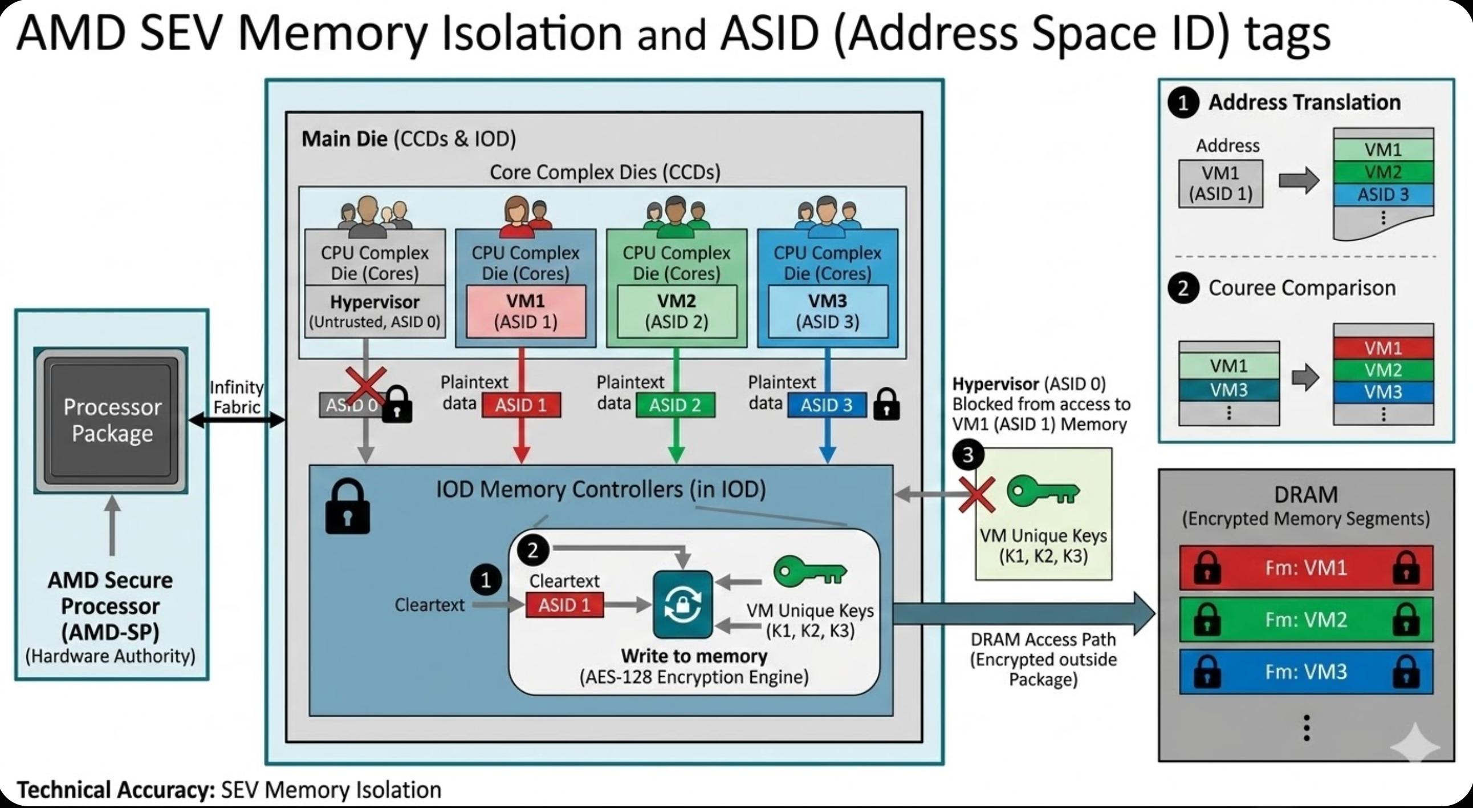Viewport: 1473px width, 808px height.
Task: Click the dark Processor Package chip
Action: [x=111, y=420]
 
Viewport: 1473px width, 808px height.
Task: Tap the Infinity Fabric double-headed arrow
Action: [x=237, y=421]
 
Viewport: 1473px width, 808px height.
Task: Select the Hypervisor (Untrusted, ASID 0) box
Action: [x=375, y=312]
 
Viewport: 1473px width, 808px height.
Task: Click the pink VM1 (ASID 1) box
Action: [x=526, y=312]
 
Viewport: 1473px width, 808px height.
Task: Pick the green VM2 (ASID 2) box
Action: [x=677, y=312]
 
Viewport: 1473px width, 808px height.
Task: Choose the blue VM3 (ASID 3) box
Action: [x=827, y=312]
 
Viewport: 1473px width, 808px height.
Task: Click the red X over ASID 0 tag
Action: [x=366, y=386]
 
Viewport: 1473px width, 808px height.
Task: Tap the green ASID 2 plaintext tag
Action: [x=676, y=405]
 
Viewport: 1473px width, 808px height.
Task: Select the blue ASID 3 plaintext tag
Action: [x=826, y=405]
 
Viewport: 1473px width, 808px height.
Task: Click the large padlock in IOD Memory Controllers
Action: [x=347, y=507]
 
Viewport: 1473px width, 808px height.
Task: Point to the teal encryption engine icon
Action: [x=683, y=604]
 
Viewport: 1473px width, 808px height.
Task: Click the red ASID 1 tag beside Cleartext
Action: [x=564, y=605]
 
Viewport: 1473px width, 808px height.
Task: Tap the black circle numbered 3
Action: [x=967, y=455]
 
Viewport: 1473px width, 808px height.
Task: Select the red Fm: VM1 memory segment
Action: [x=1306, y=568]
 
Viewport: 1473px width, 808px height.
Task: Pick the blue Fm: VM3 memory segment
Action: [x=1306, y=671]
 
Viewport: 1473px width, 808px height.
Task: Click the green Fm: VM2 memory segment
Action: [x=1306, y=620]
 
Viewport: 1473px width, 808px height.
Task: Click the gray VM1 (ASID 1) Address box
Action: [x=1220, y=184]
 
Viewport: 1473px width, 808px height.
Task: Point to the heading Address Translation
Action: [x=1304, y=103]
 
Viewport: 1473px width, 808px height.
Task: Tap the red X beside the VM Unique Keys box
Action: [x=976, y=494]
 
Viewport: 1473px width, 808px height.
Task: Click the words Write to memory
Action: [x=694, y=656]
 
